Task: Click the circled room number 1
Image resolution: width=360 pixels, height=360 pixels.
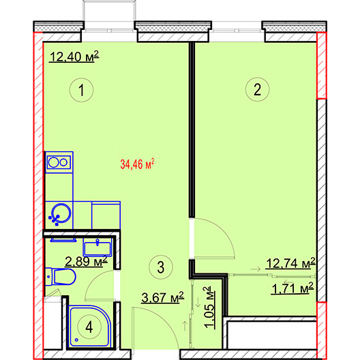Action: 81,90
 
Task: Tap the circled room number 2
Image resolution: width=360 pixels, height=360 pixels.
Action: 257,89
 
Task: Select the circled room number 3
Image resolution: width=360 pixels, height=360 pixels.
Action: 161,267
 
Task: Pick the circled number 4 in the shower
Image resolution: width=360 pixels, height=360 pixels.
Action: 89,327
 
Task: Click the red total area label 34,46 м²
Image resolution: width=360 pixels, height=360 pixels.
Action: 137,164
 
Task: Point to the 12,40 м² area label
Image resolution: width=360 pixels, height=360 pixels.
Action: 74,57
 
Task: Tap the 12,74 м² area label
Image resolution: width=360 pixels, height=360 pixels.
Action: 290,263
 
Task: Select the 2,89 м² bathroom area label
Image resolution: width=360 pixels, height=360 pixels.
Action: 86,261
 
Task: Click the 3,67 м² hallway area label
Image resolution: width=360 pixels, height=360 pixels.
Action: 163,297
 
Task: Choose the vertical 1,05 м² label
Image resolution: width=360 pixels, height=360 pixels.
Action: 211,307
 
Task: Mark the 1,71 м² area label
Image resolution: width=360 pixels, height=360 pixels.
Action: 292,288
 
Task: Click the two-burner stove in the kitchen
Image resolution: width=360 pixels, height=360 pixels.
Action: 59,162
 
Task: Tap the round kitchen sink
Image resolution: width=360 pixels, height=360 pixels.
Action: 61,213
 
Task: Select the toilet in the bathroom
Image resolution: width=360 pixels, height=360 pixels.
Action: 61,277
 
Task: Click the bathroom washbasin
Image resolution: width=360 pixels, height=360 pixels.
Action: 97,247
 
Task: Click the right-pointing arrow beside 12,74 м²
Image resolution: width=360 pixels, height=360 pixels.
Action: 256,269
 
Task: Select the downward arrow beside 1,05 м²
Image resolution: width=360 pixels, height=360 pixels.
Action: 198,302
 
